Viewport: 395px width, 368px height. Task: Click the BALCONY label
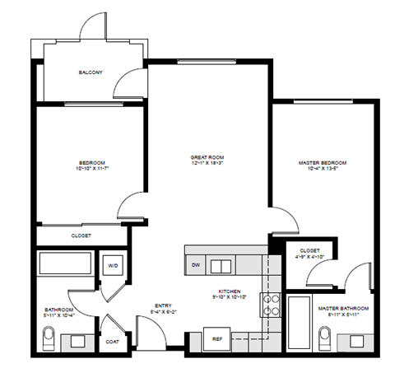90,72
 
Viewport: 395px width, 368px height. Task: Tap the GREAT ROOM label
207,156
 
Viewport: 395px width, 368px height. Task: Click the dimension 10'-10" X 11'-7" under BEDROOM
92,169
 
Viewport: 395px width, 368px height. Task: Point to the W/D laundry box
112,266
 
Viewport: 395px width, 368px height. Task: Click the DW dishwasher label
196,265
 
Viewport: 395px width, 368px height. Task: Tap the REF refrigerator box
217,338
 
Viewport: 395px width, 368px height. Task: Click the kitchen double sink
221,265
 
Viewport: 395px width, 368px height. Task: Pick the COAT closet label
112,340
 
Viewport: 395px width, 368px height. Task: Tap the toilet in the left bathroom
49,337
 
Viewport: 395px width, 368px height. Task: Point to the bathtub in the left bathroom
66,265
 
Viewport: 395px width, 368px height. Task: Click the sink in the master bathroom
358,339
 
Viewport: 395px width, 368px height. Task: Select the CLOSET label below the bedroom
81,235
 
